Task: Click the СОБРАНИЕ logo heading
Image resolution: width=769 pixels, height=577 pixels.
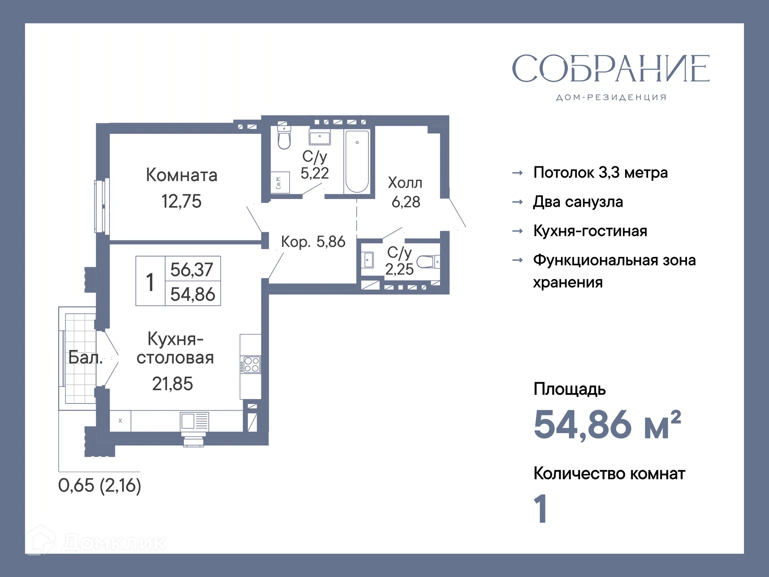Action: pyautogui.click(x=610, y=69)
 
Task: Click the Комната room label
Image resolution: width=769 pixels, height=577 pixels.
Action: pyautogui.click(x=181, y=175)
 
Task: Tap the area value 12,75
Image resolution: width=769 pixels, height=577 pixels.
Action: pyautogui.click(x=181, y=201)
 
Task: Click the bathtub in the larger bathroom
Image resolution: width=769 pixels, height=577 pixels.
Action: pyautogui.click(x=357, y=161)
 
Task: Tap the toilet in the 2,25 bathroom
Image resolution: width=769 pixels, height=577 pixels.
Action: pyautogui.click(x=427, y=262)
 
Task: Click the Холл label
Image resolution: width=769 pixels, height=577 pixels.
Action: pyautogui.click(x=405, y=183)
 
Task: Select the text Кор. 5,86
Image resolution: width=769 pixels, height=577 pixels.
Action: pyautogui.click(x=313, y=242)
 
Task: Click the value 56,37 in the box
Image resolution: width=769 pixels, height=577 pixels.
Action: pyautogui.click(x=192, y=269)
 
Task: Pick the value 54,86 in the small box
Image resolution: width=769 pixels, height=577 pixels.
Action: pyautogui.click(x=193, y=294)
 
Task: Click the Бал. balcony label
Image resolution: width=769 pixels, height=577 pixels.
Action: pyautogui.click(x=85, y=357)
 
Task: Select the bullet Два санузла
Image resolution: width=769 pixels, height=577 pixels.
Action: pyautogui.click(x=578, y=202)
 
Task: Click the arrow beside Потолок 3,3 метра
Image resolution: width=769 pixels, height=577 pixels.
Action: pyautogui.click(x=517, y=173)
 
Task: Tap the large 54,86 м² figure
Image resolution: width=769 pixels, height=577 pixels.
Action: pyautogui.click(x=607, y=425)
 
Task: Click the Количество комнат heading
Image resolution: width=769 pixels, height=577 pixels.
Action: pyautogui.click(x=609, y=474)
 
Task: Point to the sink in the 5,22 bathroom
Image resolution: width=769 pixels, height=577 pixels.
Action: pyautogui.click(x=320, y=137)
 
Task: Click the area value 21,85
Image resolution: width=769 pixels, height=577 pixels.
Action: pyautogui.click(x=172, y=383)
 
